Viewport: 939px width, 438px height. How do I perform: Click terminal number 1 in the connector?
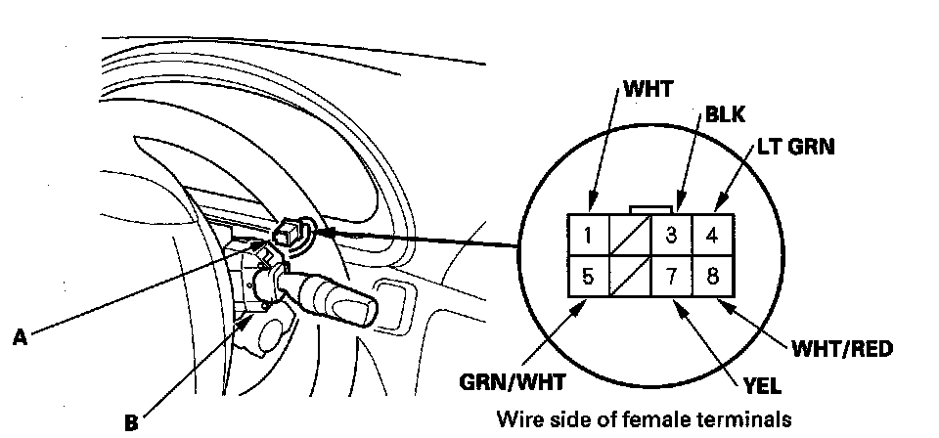point(588,236)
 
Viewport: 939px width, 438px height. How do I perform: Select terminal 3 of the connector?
point(672,236)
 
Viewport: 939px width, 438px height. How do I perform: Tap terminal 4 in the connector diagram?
point(713,236)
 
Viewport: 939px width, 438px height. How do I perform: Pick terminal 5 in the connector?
point(588,277)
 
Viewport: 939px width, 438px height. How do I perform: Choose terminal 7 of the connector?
point(672,277)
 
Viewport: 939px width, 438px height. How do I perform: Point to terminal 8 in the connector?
point(713,277)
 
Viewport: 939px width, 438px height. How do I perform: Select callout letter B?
point(130,423)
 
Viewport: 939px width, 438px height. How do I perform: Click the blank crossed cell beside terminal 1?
point(630,236)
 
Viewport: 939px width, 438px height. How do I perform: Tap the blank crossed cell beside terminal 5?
point(630,277)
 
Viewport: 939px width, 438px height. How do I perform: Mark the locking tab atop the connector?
point(650,208)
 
